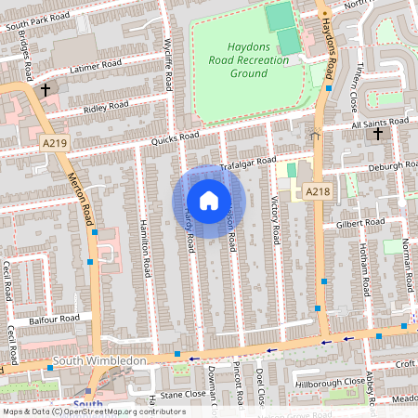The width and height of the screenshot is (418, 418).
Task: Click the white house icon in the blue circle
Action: (208, 200)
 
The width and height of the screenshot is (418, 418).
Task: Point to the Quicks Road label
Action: (176, 139)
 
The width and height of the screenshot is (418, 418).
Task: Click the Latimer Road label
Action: (96, 66)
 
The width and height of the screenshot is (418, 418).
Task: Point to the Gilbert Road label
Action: (359, 225)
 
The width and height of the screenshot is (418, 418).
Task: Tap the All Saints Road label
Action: (379, 122)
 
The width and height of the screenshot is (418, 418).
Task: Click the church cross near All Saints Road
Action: (378, 135)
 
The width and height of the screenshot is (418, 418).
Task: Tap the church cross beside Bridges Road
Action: (46, 90)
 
